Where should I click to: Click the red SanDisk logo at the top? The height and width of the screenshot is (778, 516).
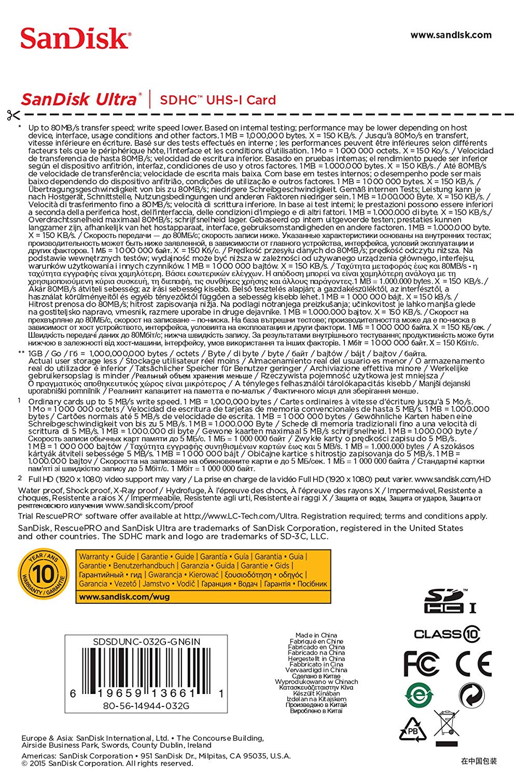tap(76, 39)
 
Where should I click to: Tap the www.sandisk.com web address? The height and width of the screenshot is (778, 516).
tap(451, 35)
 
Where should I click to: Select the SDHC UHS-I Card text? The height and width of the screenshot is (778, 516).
tap(218, 100)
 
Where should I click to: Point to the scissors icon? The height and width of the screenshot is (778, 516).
tap(13, 115)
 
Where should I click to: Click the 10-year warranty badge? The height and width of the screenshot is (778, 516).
tap(44, 575)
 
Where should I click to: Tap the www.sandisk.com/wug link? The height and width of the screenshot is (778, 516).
tap(124, 596)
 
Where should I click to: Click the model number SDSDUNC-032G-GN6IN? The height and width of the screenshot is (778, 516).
tap(146, 642)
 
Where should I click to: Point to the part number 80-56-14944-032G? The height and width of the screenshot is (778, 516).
tap(146, 705)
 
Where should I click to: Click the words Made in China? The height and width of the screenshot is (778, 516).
tap(316, 635)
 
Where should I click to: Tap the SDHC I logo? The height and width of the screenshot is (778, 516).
tap(449, 601)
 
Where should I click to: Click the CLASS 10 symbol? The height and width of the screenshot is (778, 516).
tap(447, 634)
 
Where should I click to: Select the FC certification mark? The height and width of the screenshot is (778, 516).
tap(421, 664)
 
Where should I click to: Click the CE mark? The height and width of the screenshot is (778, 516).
tap(473, 664)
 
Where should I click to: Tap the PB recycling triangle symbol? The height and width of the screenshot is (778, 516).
tap(412, 730)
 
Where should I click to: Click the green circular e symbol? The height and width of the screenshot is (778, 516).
tap(419, 695)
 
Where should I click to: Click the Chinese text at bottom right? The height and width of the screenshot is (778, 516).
tap(479, 761)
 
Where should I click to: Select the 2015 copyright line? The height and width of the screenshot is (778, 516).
tap(107, 763)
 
